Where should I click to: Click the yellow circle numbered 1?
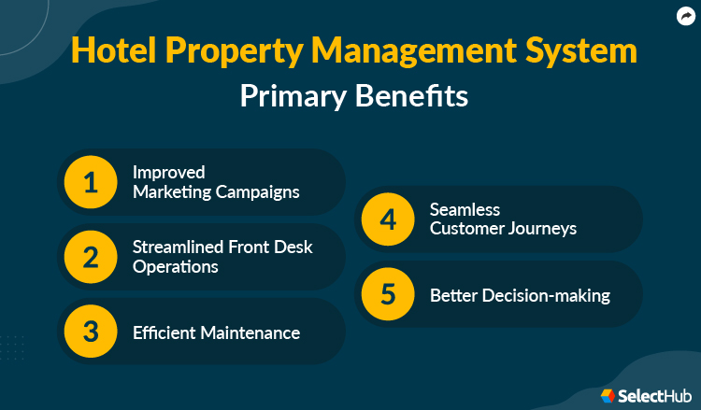(91, 182)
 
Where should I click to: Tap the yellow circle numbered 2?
(91, 257)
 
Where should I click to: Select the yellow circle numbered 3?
(91, 332)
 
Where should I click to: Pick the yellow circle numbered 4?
(388, 219)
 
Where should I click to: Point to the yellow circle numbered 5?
(388, 294)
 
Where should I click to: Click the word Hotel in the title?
(110, 52)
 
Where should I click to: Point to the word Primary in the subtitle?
(293, 96)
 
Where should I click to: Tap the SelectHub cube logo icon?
(608, 396)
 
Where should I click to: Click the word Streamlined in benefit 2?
(177, 248)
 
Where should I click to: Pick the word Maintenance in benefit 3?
(251, 332)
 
